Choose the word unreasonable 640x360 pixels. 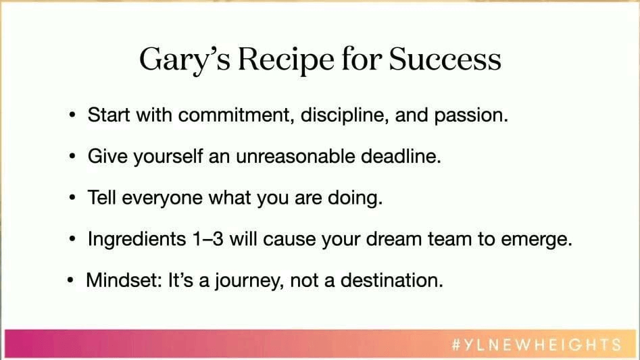pyautogui.click(x=295, y=156)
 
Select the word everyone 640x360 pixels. pyautogui.click(x=162, y=199)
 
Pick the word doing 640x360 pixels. pyautogui.click(x=355, y=199)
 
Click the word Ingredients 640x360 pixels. pyautogui.click(x=137, y=239)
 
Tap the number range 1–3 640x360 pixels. pyautogui.click(x=207, y=239)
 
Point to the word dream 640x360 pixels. pyautogui.click(x=393, y=239)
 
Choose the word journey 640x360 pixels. pyautogui.click(x=249, y=281)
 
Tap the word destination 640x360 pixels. pyautogui.click(x=392, y=280)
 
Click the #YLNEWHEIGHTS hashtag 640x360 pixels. pyautogui.click(x=537, y=344)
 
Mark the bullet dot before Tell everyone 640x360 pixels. pyautogui.click(x=72, y=198)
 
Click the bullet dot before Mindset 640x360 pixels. pyautogui.click(x=70, y=280)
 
